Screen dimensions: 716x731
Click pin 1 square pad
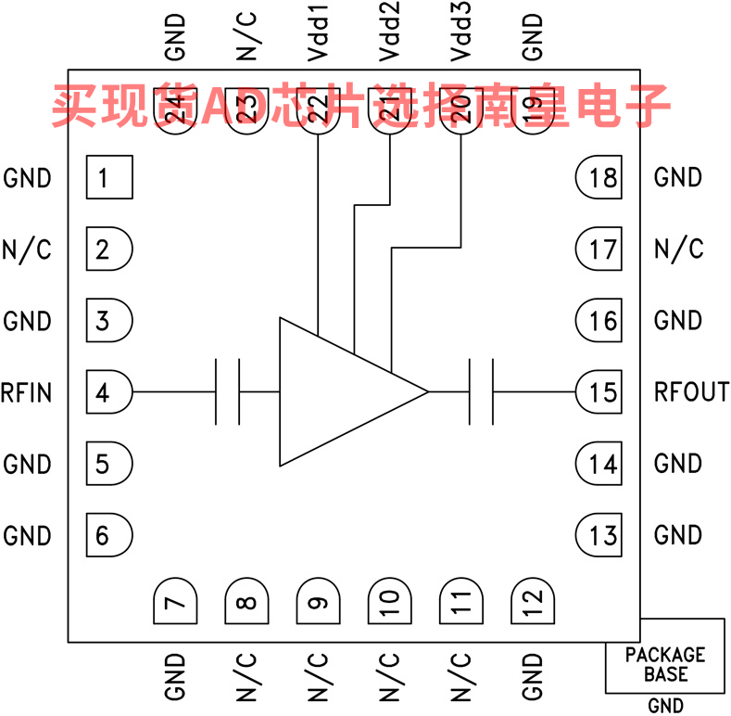click(109, 177)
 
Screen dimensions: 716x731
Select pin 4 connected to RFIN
click(108, 392)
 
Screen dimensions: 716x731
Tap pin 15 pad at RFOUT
click(599, 392)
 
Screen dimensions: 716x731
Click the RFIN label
click(26, 392)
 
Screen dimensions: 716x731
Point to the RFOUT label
click(691, 392)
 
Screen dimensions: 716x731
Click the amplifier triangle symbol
click(343, 392)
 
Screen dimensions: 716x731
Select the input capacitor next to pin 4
click(228, 392)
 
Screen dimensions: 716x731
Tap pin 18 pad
click(599, 177)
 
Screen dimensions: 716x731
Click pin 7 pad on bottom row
click(174, 601)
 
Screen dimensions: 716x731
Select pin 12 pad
click(532, 601)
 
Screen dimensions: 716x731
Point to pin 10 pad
click(389, 601)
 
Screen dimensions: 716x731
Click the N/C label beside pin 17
click(678, 249)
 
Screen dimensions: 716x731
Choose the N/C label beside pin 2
click(27, 249)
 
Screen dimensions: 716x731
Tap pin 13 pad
click(599, 535)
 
